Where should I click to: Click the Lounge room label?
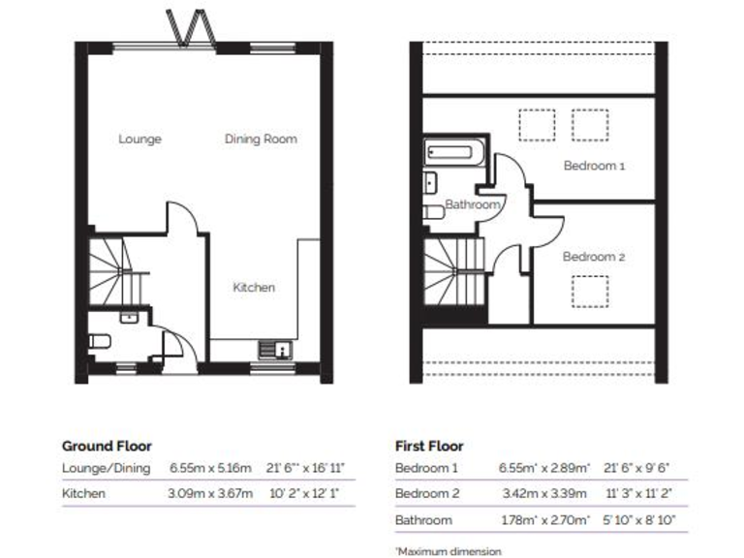click(x=139, y=139)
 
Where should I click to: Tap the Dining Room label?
click(x=261, y=139)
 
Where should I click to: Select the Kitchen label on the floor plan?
click(x=254, y=287)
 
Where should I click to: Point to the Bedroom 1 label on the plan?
click(x=594, y=166)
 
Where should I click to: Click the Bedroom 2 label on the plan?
click(x=594, y=257)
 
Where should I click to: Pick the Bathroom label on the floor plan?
click(x=473, y=205)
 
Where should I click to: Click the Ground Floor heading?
click(x=107, y=447)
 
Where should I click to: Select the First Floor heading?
click(x=429, y=447)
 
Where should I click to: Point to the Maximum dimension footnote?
click(x=448, y=551)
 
